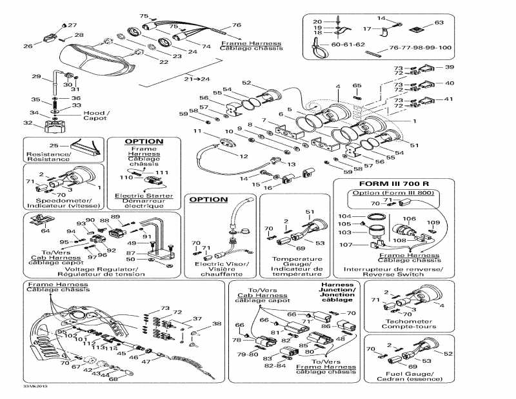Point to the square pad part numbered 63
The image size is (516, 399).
pos(421,28)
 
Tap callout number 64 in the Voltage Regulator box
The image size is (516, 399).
pos(45,230)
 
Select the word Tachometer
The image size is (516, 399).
pos(404,320)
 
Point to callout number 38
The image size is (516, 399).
pos(216,323)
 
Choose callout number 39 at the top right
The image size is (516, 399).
pos(449,67)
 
